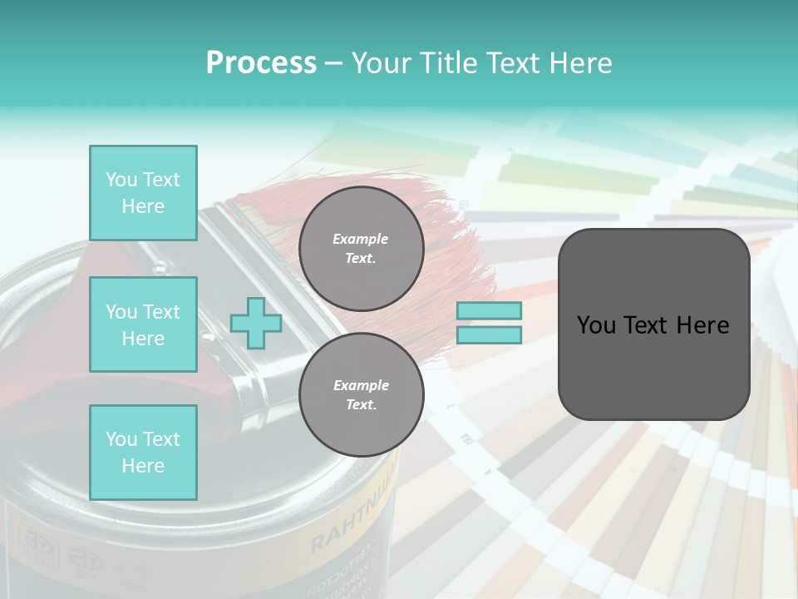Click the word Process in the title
pos(261,63)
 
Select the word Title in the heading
pos(447,63)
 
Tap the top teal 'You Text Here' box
pos(143,193)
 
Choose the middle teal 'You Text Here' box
pos(143,324)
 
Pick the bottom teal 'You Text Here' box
pos(143,452)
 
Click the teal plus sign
pos(256,323)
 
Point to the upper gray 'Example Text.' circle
pos(361,248)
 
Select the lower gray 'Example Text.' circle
pos(361,394)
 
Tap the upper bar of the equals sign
pos(489,310)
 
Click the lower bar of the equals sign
pos(489,334)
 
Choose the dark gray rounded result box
pos(653,324)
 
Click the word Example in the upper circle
pos(361,239)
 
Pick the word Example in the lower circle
pos(361,385)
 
